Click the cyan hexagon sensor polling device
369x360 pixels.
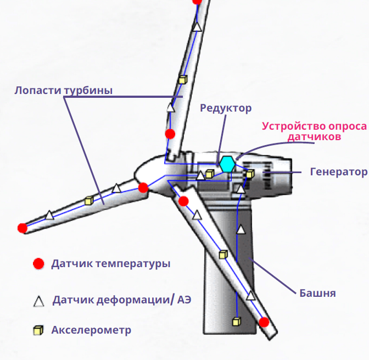pos(227,164)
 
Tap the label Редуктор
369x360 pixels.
pos(225,108)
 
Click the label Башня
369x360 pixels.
pos(317,292)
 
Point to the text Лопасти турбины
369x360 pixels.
pos(64,90)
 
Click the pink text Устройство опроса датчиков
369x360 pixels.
pos(314,131)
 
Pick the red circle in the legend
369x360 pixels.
pos(38,264)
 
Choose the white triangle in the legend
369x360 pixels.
pos(38,301)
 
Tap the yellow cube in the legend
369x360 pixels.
pos(38,330)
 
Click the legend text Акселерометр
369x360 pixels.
pos(91,330)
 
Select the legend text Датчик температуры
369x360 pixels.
pos(110,264)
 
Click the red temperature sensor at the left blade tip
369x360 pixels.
pos(22,228)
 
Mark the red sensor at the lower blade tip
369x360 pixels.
pos(264,322)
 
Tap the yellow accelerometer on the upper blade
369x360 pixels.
pos(183,80)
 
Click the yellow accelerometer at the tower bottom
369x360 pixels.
pos(237,320)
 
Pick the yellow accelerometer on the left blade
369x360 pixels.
pos(89,201)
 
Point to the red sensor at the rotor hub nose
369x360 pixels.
pos(143,188)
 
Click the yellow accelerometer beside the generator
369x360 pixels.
pos(234,174)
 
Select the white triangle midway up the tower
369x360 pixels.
pos(239,230)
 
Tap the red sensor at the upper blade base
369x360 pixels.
pos(170,134)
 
